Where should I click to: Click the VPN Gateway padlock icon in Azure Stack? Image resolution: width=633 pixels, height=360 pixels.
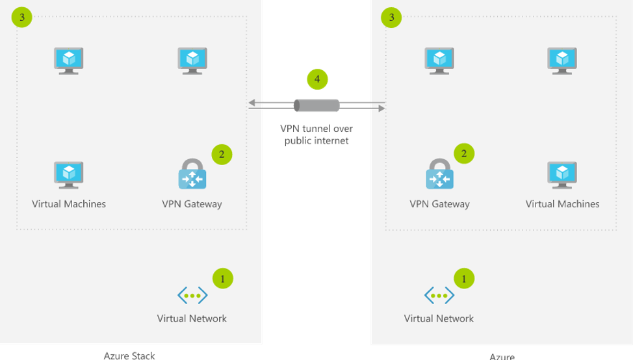(192, 174)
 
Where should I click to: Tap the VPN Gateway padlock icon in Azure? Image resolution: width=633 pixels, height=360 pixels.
(439, 174)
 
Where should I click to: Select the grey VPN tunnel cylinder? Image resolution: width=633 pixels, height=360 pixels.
(316, 105)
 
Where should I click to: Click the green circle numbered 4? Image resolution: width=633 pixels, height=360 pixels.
(317, 79)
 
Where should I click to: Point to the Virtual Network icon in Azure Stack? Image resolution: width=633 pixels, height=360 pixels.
(192, 296)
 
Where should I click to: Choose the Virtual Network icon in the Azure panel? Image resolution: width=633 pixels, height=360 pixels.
(439, 296)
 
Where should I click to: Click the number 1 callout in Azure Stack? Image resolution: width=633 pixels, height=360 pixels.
(222, 279)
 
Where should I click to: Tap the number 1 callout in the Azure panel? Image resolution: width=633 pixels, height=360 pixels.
(464, 279)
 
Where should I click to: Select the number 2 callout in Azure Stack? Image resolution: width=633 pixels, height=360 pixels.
(222, 154)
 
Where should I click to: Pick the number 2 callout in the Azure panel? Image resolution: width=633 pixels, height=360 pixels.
(464, 154)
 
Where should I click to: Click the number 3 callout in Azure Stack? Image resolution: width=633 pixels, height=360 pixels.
(22, 18)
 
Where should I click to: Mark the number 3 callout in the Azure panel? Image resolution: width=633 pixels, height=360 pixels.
(391, 18)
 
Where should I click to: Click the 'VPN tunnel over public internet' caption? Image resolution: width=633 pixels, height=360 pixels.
(316, 135)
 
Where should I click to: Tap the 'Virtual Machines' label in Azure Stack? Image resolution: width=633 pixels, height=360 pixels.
(69, 204)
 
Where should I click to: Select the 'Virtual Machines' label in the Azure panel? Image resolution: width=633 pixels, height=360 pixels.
(562, 204)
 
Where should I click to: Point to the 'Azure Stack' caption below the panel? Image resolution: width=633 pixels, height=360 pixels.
(129, 355)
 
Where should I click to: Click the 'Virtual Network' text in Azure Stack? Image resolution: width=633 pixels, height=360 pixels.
(192, 318)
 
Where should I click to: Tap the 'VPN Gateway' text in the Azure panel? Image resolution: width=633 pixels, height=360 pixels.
(439, 204)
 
